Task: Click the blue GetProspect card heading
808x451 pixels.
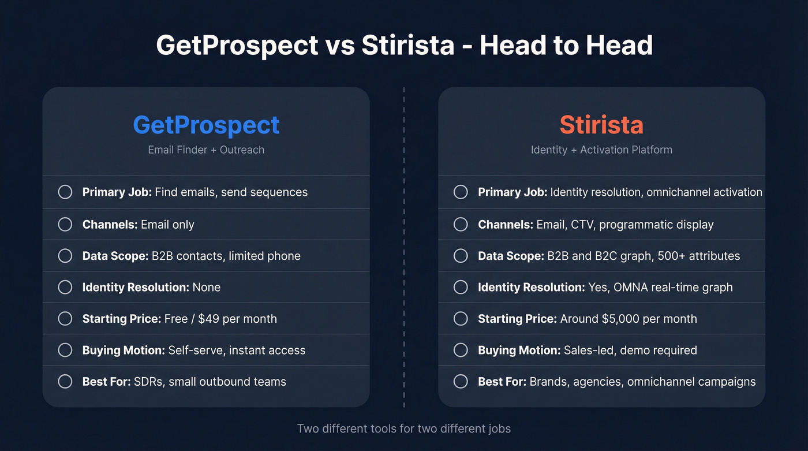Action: pos(206,125)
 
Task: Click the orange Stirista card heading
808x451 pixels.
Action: pos(601,125)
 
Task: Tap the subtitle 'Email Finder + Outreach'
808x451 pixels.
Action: pos(206,150)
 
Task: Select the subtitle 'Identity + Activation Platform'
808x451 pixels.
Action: pos(601,150)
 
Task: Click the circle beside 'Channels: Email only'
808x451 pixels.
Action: pos(65,224)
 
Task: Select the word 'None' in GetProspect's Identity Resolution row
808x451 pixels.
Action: pos(207,287)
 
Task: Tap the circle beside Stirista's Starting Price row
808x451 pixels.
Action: pos(461,319)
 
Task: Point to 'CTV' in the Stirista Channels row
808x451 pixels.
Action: pos(582,224)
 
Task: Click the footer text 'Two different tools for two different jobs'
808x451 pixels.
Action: pos(404,428)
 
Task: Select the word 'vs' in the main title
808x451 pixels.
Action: pos(340,46)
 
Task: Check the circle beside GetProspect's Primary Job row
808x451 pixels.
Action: pos(65,192)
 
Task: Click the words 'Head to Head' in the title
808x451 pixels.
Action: pos(566,46)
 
